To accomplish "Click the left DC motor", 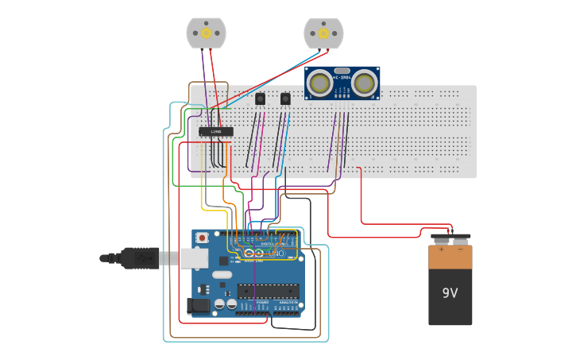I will pyautogui.click(x=207, y=33).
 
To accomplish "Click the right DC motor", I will pyautogui.click(x=323, y=33).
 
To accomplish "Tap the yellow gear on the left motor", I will pyautogui.click(x=207, y=33).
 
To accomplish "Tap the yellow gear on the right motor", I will pyautogui.click(x=323, y=33).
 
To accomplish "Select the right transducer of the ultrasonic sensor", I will pyautogui.click(x=364, y=82).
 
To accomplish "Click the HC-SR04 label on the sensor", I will pyautogui.click(x=342, y=77).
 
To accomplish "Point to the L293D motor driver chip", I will pyautogui.click(x=215, y=131).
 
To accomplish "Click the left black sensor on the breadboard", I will pyautogui.click(x=260, y=99).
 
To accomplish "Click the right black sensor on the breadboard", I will pyautogui.click(x=285, y=99).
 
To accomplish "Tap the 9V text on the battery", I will pyautogui.click(x=450, y=293).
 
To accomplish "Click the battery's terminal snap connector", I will pyautogui.click(x=450, y=238).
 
